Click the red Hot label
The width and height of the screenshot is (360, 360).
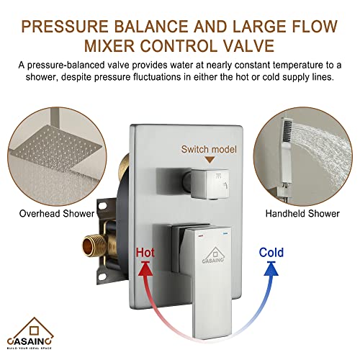[x=145, y=253]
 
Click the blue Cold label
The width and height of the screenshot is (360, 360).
[x=271, y=253]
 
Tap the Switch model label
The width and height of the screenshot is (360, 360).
[x=209, y=149]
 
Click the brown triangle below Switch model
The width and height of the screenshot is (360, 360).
[x=210, y=160]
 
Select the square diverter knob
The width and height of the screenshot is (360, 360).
[x=210, y=184]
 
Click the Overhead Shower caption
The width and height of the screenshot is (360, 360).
[x=57, y=213]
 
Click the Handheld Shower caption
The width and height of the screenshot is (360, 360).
[x=302, y=213]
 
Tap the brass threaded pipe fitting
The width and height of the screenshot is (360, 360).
[x=92, y=246]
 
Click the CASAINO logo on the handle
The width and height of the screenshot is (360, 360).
[x=213, y=255]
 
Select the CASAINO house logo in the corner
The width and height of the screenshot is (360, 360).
[x=30, y=333]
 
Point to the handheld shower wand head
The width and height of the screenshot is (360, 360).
[x=288, y=132]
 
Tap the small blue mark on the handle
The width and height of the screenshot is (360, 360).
[x=225, y=233]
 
